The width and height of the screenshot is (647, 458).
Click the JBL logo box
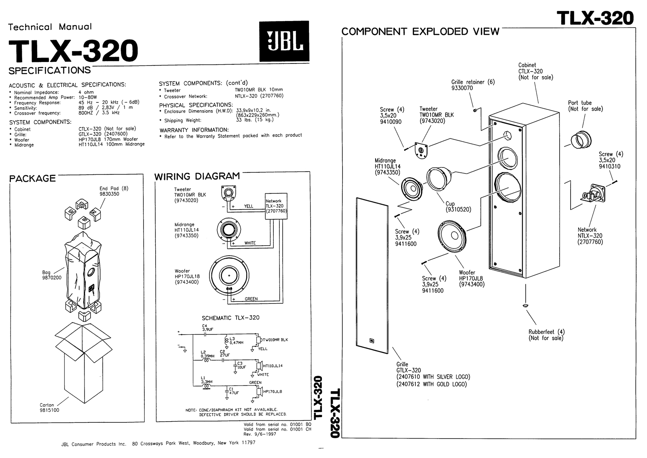[284, 41]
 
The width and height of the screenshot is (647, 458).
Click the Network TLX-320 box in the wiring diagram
[276, 206]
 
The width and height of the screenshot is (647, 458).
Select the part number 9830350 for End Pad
[109, 194]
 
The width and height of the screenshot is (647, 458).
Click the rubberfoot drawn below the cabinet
[524, 305]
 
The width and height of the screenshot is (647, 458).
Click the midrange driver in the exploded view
[412, 188]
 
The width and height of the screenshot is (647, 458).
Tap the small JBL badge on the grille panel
[372, 341]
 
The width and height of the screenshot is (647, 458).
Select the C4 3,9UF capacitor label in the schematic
[207, 328]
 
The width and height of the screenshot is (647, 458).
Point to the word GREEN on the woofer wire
[251, 299]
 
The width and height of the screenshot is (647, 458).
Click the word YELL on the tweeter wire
[249, 206]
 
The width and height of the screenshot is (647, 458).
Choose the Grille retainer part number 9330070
[462, 88]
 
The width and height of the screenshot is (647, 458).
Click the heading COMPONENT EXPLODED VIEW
[421, 32]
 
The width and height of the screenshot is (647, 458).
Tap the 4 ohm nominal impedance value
[86, 92]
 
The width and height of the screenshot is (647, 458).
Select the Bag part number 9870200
[52, 278]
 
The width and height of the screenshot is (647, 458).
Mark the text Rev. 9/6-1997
[260, 434]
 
